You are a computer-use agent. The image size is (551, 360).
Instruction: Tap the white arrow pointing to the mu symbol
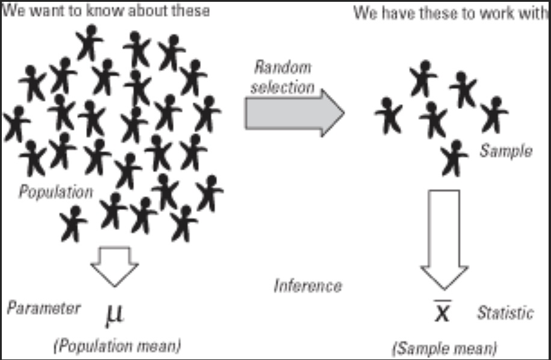click(x=114, y=265)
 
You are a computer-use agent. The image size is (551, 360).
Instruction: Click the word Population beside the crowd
click(x=55, y=192)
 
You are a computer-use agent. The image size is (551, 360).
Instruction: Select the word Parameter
click(x=43, y=308)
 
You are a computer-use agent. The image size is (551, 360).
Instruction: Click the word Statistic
click(x=505, y=313)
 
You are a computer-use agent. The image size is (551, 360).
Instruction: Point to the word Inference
click(x=307, y=285)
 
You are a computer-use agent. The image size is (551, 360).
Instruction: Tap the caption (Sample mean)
click(x=445, y=348)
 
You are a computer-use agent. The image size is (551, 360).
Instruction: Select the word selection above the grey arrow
click(x=282, y=87)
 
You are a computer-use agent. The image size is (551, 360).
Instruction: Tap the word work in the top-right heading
click(x=494, y=13)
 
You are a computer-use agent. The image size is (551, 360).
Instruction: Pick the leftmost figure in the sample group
click(x=389, y=114)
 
